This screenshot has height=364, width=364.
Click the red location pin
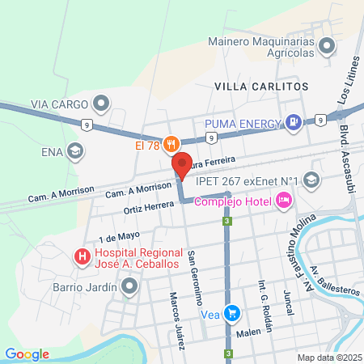coord(181,164)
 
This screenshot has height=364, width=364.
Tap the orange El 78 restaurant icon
coord(170,146)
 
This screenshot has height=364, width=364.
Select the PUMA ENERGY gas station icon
coord(294,124)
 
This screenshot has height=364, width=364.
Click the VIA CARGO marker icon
coord(101,103)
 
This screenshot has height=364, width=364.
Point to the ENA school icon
coord(75,150)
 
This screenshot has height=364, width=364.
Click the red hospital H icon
coord(82,258)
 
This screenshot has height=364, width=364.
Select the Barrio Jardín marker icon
coord(129,286)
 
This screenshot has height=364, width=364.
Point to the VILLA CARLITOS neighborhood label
coord(260,85)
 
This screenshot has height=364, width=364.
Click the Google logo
coord(27,353)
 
